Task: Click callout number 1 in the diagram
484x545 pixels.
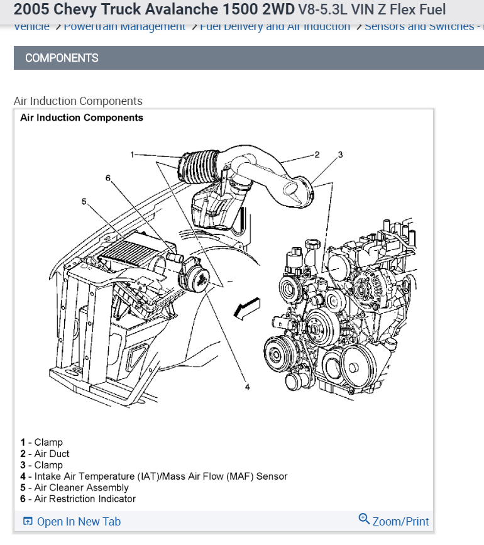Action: [133, 154]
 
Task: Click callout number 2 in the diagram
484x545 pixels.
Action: [317, 154]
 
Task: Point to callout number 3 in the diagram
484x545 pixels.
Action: [340, 154]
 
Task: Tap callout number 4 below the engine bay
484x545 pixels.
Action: [248, 387]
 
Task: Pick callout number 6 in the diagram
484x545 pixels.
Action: [107, 178]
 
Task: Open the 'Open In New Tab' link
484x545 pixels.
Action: [79, 522]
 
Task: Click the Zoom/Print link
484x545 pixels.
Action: [400, 522]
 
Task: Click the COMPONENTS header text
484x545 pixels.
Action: [62, 58]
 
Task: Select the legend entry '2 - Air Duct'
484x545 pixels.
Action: [45, 454]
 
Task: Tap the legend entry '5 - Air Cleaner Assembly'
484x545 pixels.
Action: [74, 488]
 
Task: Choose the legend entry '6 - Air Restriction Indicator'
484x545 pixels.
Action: [78, 499]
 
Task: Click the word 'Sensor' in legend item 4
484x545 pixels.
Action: [271, 476]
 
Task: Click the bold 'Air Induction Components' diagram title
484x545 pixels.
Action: [82, 118]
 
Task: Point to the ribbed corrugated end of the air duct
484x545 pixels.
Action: [195, 165]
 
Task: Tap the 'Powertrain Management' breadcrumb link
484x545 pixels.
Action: [124, 26]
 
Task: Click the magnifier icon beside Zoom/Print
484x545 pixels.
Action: [364, 519]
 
